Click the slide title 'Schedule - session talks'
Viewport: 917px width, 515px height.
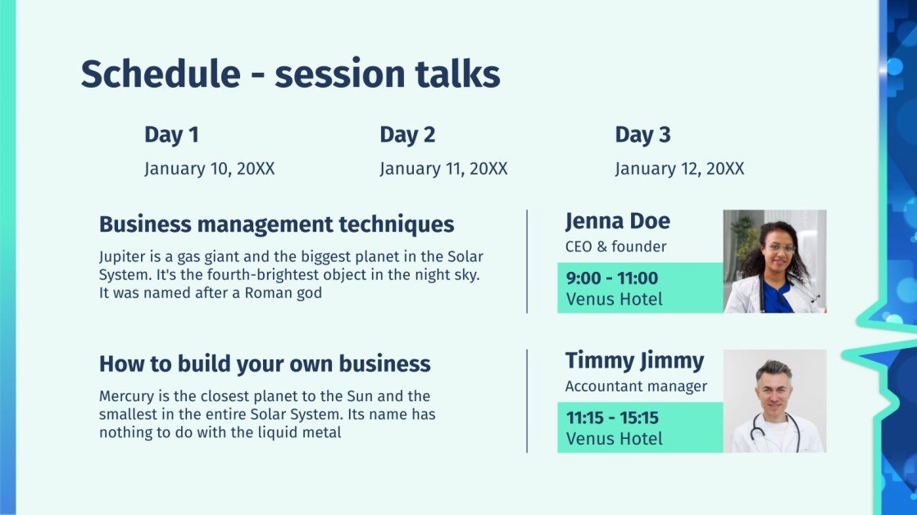(x=291, y=75)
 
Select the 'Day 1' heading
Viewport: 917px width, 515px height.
(x=171, y=135)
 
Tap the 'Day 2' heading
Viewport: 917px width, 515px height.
(x=407, y=135)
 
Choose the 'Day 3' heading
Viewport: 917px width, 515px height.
(x=642, y=135)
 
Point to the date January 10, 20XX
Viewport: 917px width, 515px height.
(x=209, y=169)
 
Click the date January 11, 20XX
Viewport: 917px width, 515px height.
(x=443, y=169)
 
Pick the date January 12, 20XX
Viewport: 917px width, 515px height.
(x=679, y=169)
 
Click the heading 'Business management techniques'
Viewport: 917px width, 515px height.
(x=277, y=224)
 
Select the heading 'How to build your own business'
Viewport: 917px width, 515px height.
(x=265, y=364)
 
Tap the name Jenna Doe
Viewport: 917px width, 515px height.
(x=618, y=221)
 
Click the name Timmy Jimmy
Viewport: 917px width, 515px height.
(x=634, y=361)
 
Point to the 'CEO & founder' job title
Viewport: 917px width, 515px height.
(x=615, y=246)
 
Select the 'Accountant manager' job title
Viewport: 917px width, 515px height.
(x=636, y=386)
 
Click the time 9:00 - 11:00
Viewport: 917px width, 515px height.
(x=611, y=278)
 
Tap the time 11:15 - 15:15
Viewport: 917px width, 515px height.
(x=612, y=418)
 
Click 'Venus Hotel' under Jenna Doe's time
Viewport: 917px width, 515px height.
(x=614, y=300)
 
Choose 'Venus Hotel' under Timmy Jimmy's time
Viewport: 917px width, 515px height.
(x=614, y=439)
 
